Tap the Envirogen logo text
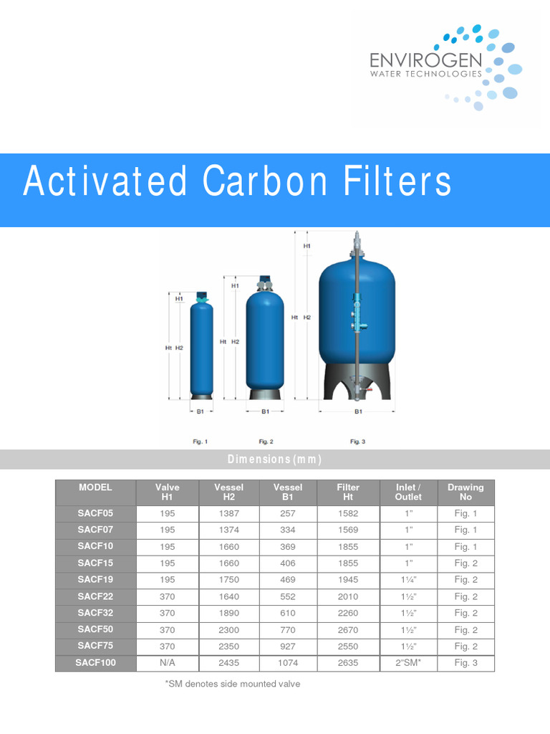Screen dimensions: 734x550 coord(425,59)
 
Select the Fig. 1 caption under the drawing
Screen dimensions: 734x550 coord(201,442)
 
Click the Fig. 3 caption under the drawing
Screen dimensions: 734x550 coord(358,442)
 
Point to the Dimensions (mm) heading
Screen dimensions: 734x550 coord(275,459)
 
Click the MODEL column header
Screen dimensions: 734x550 coord(95,487)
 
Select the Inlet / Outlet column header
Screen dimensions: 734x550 coord(408,492)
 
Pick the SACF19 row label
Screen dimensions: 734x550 coord(95,580)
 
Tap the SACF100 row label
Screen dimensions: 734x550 coord(95,663)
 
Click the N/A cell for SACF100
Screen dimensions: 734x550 coord(167,663)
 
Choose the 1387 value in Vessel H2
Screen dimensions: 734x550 coord(228,513)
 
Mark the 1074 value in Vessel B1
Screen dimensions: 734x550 coord(288,663)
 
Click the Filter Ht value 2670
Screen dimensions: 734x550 coord(348,630)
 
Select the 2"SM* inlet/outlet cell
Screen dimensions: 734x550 coord(408,663)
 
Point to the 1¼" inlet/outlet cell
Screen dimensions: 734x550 coord(408,580)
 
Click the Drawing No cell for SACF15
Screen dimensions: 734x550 coord(465,563)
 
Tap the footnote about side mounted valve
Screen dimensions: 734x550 coord(233,684)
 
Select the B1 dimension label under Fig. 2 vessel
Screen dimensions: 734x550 coord(265,411)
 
